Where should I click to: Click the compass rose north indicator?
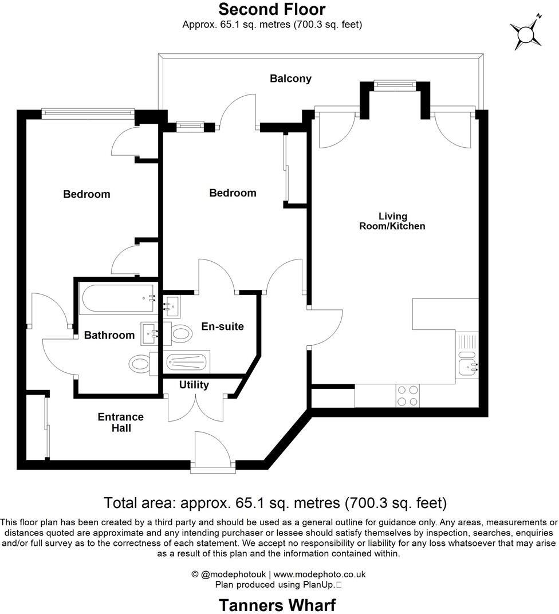click(x=526, y=33)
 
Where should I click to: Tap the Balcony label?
click(x=290, y=79)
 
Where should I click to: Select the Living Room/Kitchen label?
click(x=392, y=221)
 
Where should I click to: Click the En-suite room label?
click(x=222, y=326)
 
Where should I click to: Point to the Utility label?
click(x=194, y=385)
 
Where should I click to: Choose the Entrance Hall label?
click(x=120, y=422)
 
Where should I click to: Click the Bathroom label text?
click(x=109, y=335)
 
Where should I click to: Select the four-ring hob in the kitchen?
click(x=407, y=395)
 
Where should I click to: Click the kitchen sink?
click(x=468, y=365)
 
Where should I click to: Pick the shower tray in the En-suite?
click(x=187, y=362)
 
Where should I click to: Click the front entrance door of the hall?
click(x=211, y=450)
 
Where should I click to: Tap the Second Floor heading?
click(x=271, y=9)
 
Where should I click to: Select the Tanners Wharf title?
click(x=277, y=605)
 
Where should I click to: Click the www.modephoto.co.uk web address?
click(x=320, y=574)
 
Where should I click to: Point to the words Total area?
click(x=140, y=503)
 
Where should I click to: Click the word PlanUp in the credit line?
click(x=320, y=585)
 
